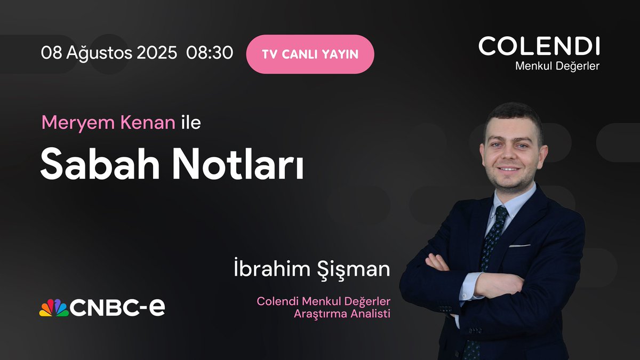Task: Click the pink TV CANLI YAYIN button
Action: [310, 54]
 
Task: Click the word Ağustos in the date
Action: [93, 54]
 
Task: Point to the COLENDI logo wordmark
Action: [539, 46]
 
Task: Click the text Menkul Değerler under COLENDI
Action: [557, 66]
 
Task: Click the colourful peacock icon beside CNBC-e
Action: [53, 308]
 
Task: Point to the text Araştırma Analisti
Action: [342, 314]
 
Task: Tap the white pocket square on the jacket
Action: [519, 245]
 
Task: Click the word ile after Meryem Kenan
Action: [190, 123]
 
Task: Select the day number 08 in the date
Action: [51, 53]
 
